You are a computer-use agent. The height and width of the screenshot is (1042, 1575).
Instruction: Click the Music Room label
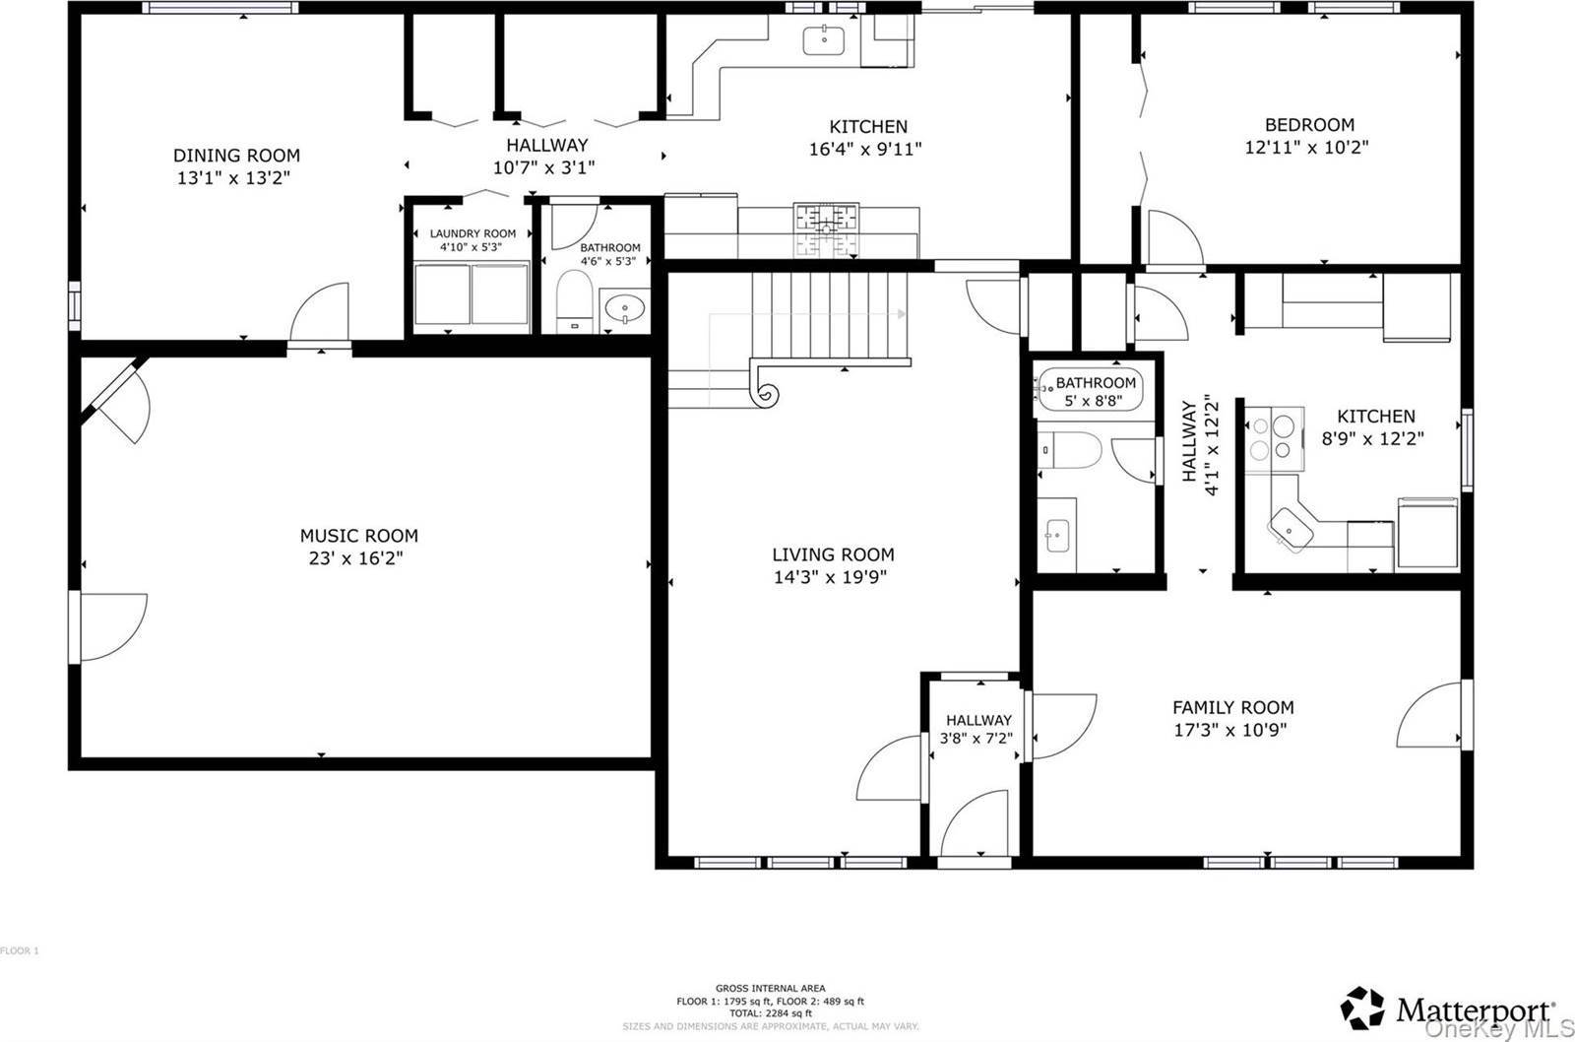[x=358, y=536]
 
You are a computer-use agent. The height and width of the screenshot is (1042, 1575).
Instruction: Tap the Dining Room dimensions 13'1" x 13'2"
[x=233, y=178]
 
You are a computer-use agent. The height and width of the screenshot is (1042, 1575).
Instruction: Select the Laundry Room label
[x=472, y=233]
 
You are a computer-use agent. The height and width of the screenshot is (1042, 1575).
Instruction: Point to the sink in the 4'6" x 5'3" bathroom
[x=624, y=309]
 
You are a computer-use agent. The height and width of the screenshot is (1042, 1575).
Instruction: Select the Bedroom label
[x=1309, y=125]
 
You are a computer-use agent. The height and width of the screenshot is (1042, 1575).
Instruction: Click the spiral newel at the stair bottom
[x=766, y=392]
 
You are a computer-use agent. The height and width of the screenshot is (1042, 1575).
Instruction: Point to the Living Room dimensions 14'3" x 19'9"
[x=831, y=577]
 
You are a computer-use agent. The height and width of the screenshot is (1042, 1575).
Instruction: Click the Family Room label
[x=1232, y=707]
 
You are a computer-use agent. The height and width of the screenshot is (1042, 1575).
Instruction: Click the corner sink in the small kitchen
[x=1291, y=528]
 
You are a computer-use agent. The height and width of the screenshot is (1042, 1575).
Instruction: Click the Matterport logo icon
[x=1362, y=1009]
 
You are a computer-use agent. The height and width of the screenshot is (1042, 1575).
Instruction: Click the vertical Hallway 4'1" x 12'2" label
[x=1200, y=445]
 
